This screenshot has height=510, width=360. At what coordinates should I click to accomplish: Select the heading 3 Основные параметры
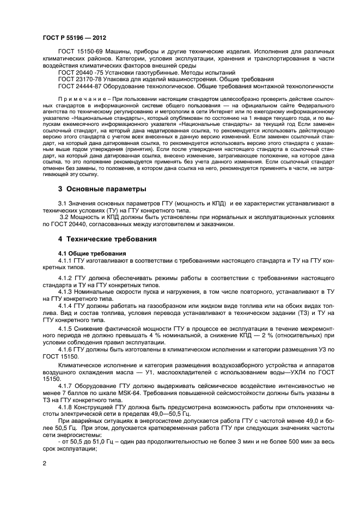(102, 189)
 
